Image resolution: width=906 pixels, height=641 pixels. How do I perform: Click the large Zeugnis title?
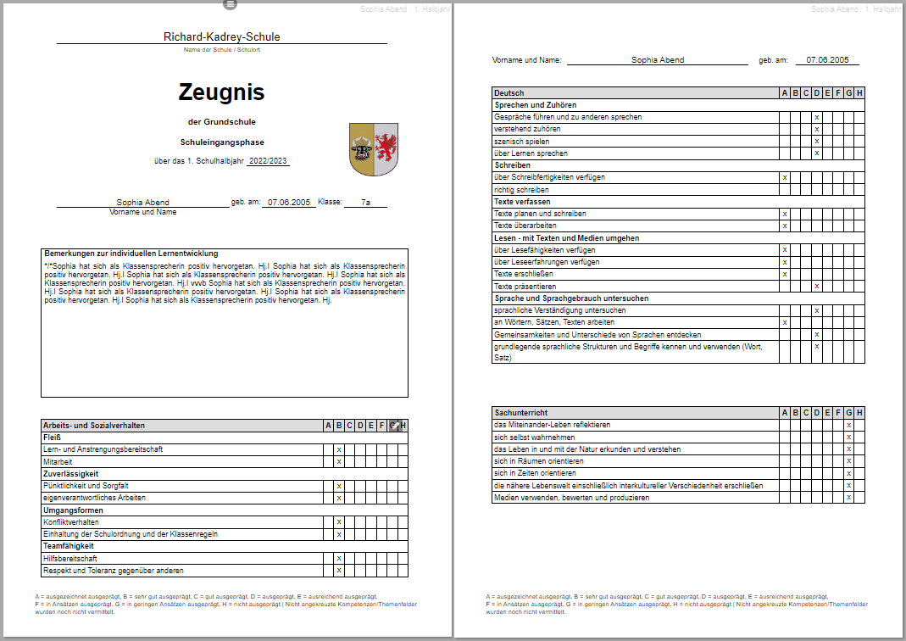click(221, 92)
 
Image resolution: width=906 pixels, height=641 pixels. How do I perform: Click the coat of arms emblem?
click(374, 149)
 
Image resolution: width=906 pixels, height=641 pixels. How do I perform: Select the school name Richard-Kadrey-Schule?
click(221, 36)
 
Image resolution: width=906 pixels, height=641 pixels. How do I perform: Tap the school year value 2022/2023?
click(268, 161)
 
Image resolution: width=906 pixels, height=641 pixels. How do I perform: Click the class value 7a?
click(365, 203)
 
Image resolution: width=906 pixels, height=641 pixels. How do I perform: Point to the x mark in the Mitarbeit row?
click(338, 461)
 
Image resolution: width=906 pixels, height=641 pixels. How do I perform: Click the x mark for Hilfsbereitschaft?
click(338, 559)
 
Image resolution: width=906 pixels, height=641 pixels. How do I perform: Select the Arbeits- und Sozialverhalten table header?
click(93, 425)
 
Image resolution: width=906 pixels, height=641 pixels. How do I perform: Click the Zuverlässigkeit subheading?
click(71, 473)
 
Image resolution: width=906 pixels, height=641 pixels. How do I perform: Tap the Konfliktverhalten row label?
click(71, 522)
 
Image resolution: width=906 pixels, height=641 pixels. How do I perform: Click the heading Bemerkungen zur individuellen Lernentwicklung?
click(131, 254)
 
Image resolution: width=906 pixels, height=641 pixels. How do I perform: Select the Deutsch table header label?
click(509, 93)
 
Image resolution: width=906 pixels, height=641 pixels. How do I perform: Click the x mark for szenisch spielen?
click(817, 142)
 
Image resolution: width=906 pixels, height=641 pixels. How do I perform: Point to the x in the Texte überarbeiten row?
click(785, 226)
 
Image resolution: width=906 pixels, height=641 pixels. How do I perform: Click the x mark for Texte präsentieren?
click(817, 287)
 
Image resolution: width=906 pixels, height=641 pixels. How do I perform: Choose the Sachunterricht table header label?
click(519, 413)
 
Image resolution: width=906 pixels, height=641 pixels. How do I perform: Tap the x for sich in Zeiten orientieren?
click(848, 473)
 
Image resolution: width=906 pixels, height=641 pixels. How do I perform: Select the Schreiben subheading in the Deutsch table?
click(512, 165)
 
